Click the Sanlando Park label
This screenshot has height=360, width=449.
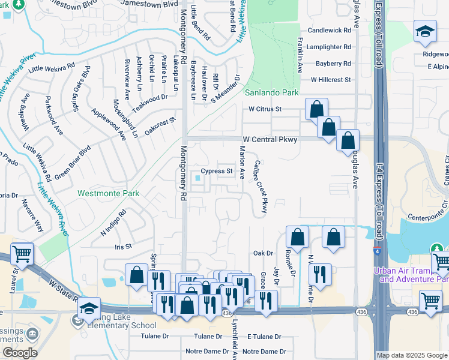point(271,93)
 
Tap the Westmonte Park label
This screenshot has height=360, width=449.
point(108,193)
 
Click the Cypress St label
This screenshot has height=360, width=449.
point(217,171)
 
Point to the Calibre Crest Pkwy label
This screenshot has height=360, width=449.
point(261,186)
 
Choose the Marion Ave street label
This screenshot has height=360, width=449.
point(243,163)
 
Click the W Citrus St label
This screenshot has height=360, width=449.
point(265,109)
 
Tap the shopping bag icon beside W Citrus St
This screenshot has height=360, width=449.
point(316,109)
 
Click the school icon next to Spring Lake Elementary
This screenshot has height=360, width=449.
point(89,308)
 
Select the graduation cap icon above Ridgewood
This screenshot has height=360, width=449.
point(424,32)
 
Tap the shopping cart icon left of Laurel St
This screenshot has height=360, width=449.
point(22,254)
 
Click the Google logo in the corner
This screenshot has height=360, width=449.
point(20,353)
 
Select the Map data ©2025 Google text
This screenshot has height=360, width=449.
point(412,355)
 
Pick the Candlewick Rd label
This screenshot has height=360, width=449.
point(329,30)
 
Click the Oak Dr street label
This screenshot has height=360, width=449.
point(263,253)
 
